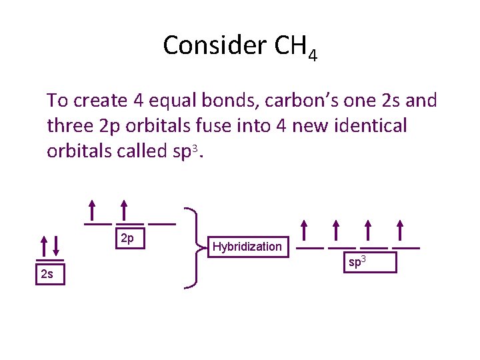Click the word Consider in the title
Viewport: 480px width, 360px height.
(x=214, y=45)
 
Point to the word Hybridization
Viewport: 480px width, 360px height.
(x=247, y=247)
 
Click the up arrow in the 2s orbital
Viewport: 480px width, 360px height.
(x=43, y=245)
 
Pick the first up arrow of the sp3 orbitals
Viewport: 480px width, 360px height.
(x=305, y=231)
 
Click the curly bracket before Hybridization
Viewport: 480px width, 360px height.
(x=193, y=247)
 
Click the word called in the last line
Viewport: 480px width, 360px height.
(x=135, y=151)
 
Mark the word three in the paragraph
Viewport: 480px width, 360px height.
(x=69, y=126)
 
